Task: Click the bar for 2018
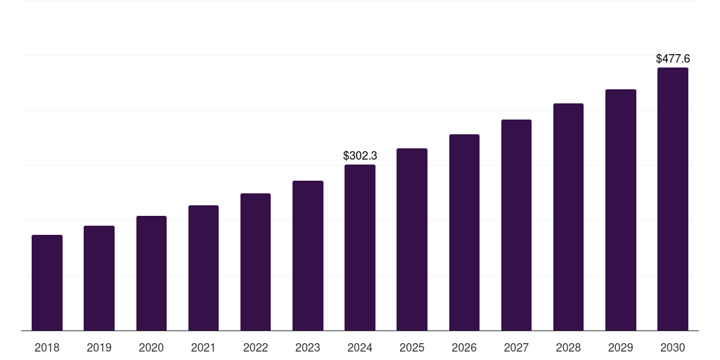(x=47, y=283)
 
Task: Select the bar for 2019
(x=99, y=278)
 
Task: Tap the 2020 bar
(x=151, y=273)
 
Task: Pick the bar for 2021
(x=203, y=268)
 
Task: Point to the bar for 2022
(x=255, y=262)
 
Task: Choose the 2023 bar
(x=308, y=255)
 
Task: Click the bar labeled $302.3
(x=360, y=247)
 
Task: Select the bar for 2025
(x=412, y=239)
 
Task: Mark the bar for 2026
(x=464, y=232)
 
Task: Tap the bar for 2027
(x=516, y=225)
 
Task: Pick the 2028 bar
(x=568, y=217)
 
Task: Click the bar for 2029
(x=620, y=210)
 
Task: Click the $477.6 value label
(x=673, y=59)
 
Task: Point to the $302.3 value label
(x=360, y=155)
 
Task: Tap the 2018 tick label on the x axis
(x=47, y=347)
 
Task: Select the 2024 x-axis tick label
(x=360, y=347)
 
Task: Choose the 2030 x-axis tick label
(x=673, y=347)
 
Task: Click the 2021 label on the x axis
(x=203, y=347)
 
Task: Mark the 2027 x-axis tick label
(x=516, y=347)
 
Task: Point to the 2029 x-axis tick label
(x=620, y=347)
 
